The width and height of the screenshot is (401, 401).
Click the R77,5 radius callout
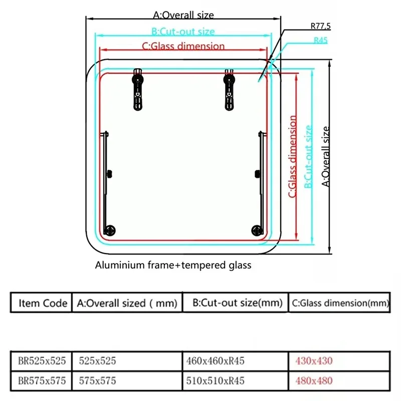coord(320,26)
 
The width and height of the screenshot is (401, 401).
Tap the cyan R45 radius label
coord(320,40)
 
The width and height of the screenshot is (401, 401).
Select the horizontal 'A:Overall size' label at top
coord(183,15)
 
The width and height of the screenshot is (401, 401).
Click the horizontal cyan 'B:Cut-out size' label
coord(183,32)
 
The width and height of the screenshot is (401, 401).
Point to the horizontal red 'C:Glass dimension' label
coord(183,46)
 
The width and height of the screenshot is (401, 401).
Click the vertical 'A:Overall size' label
coord(325,156)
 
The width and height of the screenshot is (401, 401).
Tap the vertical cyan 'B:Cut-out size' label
coord(308,157)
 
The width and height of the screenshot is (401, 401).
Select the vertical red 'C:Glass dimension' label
coord(292,156)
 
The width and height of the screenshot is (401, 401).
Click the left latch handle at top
coord(138,89)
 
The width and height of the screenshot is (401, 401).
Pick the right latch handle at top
coord(229,89)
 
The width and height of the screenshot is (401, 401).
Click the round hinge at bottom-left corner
coord(110,231)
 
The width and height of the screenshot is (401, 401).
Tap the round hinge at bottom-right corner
coord(257,231)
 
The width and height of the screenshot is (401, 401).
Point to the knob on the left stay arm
coord(109,174)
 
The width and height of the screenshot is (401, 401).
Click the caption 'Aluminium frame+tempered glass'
coord(173,265)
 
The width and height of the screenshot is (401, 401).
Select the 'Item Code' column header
coord(43,303)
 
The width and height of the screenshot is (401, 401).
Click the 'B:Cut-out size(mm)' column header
coord(237,303)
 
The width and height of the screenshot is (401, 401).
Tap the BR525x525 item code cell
coord(42,361)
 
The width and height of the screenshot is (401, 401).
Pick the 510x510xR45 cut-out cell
coord(215,381)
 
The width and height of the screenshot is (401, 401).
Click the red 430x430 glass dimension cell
coord(314,361)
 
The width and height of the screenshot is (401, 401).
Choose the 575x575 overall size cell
coord(97,381)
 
